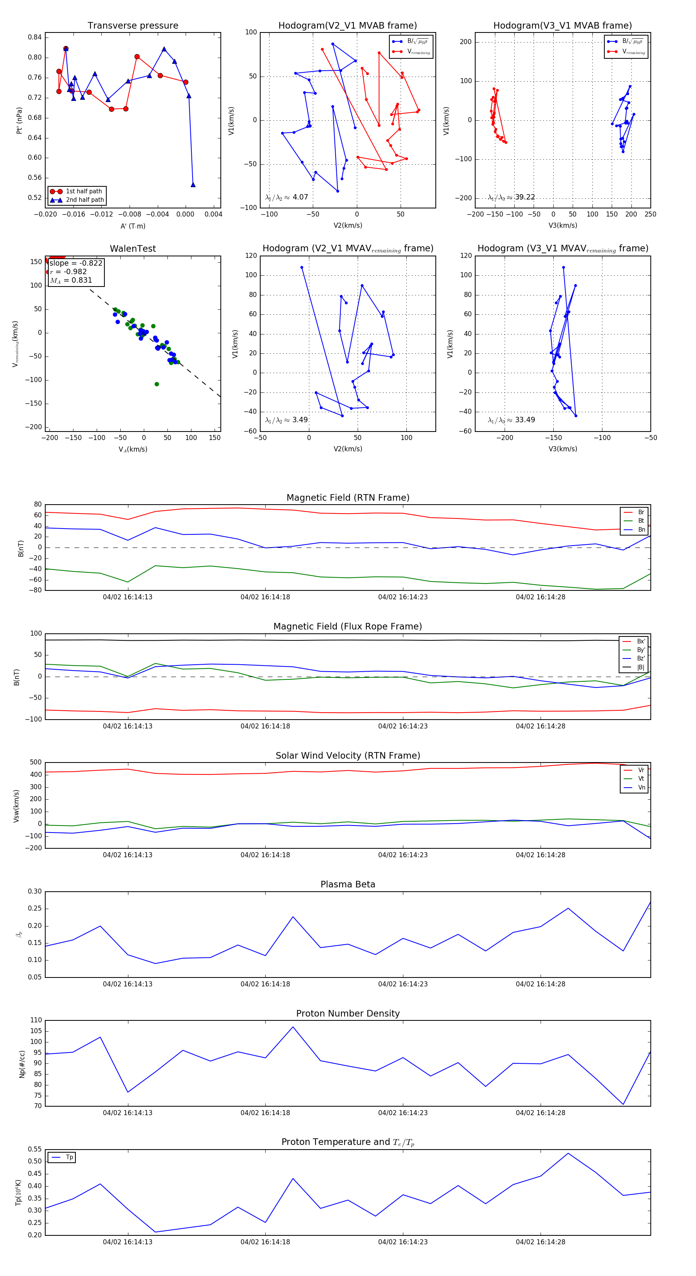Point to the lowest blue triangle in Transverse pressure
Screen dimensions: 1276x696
coord(193,185)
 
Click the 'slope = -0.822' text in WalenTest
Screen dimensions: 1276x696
coord(76,263)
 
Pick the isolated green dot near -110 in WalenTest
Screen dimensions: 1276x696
coord(157,384)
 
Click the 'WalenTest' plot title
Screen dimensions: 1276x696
coord(133,249)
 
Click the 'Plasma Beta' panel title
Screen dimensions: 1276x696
coord(348,884)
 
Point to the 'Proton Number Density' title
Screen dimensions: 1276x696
coord(348,1013)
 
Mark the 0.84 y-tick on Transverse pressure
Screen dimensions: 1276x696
coord(35,37)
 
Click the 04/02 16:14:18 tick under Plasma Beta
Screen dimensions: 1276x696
coord(265,984)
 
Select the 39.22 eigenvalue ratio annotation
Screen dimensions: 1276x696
coord(525,197)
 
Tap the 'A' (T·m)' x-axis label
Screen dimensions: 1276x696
coord(133,226)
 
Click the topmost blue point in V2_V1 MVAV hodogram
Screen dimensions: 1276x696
coord(302,268)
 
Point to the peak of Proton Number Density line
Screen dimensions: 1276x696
coord(293,1027)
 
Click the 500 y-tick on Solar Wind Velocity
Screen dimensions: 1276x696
coord(36,763)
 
